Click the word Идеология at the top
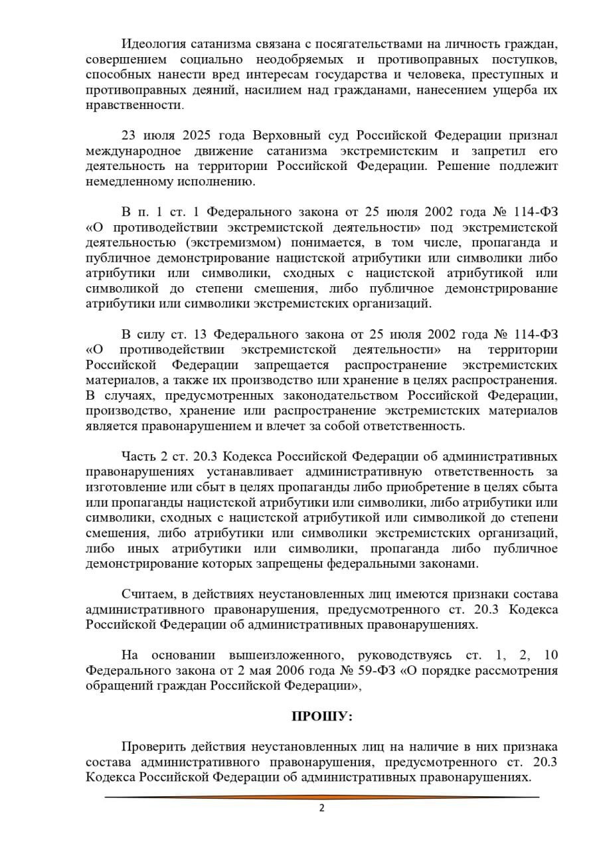tap(151, 44)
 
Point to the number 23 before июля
tap(130, 135)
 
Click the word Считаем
tap(146, 594)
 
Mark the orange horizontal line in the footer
tap(322, 796)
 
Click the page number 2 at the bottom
tap(322, 808)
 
